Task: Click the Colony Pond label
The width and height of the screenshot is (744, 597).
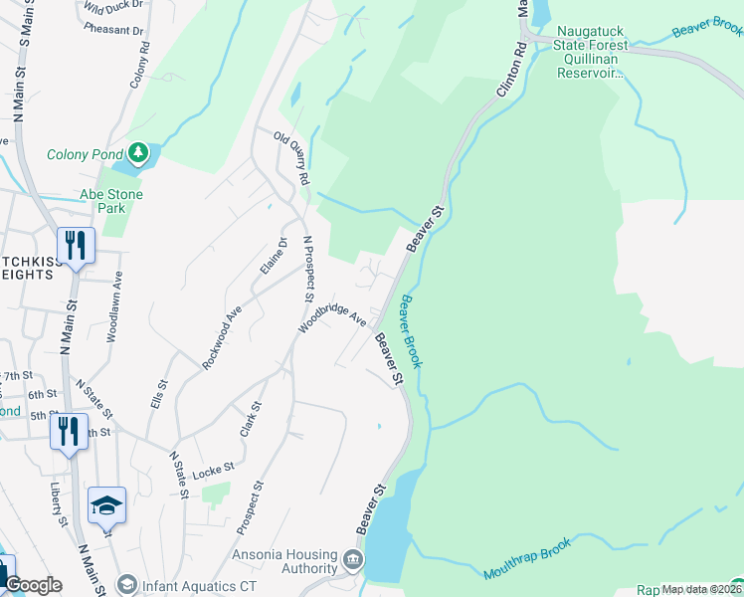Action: coord(86,154)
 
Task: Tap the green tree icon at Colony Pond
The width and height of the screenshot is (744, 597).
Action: coord(137,153)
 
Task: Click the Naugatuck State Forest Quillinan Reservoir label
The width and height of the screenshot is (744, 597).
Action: coord(593,59)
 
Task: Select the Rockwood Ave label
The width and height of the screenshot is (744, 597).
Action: coord(222,338)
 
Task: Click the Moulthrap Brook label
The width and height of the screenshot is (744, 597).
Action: coord(528,558)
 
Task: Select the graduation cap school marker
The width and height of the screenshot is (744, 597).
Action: coord(106,505)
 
